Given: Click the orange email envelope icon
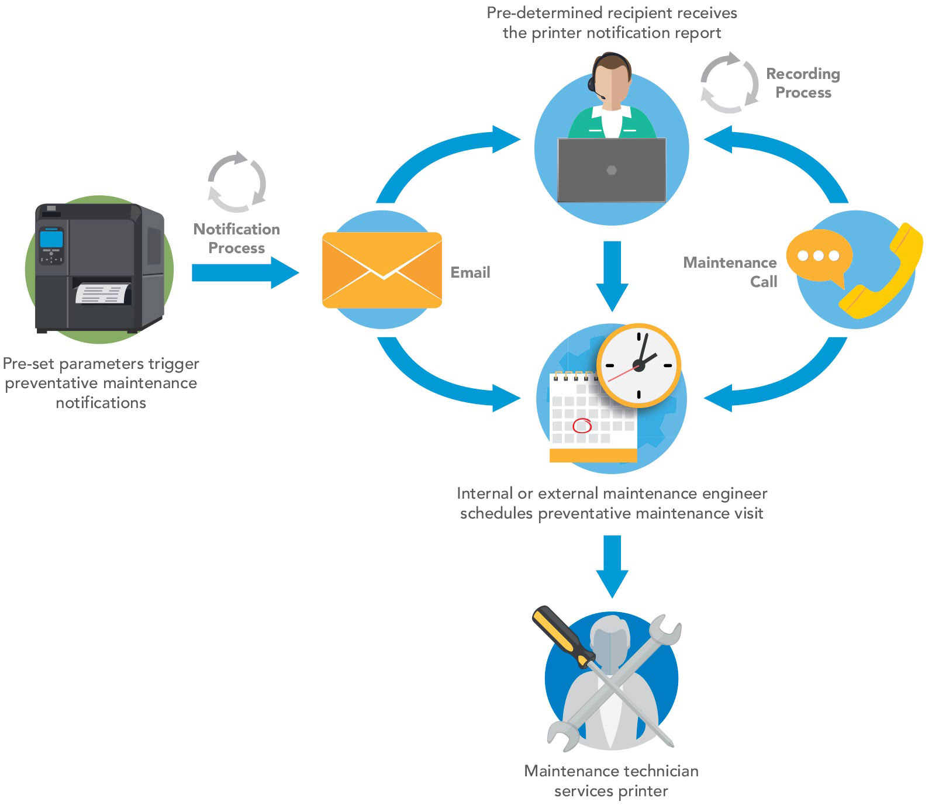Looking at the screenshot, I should [x=382, y=270].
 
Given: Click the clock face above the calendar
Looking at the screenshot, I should [x=638, y=365].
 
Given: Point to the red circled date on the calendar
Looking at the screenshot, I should [x=582, y=426].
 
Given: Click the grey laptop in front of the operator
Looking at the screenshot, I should [x=612, y=170].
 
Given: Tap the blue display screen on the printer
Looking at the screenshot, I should [x=51, y=239].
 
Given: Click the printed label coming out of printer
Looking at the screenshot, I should [x=102, y=293].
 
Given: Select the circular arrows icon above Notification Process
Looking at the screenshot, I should [x=237, y=182].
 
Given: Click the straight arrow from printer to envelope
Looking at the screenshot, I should [x=246, y=272].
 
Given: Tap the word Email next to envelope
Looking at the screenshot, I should [x=470, y=272].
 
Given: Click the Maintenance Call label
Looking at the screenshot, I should [x=731, y=272].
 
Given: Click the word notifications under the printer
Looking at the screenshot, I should [x=101, y=403].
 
